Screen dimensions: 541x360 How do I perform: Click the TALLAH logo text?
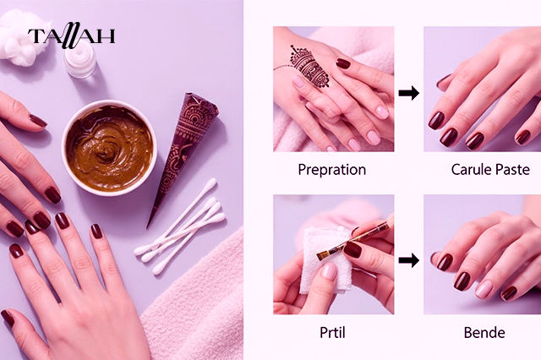click(x=71, y=35)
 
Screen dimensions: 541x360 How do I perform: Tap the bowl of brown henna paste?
click(x=109, y=148)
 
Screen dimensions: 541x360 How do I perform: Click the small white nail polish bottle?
click(x=80, y=60)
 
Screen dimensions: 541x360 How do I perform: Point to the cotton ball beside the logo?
click(x=19, y=39)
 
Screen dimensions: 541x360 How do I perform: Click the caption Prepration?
click(x=332, y=170)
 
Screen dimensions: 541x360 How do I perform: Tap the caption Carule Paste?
click(x=490, y=170)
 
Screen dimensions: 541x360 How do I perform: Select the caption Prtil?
click(x=332, y=333)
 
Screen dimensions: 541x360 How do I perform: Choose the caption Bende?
click(x=484, y=333)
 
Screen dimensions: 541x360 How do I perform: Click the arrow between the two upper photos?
click(x=409, y=93)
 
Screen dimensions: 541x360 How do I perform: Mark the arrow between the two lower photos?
click(x=409, y=260)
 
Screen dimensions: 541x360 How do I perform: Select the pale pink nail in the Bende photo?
click(x=484, y=289)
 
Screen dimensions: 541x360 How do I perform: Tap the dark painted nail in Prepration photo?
click(x=343, y=63)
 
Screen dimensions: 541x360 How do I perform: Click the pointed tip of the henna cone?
click(x=147, y=227)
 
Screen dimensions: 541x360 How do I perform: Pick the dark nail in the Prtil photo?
click(x=352, y=249)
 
